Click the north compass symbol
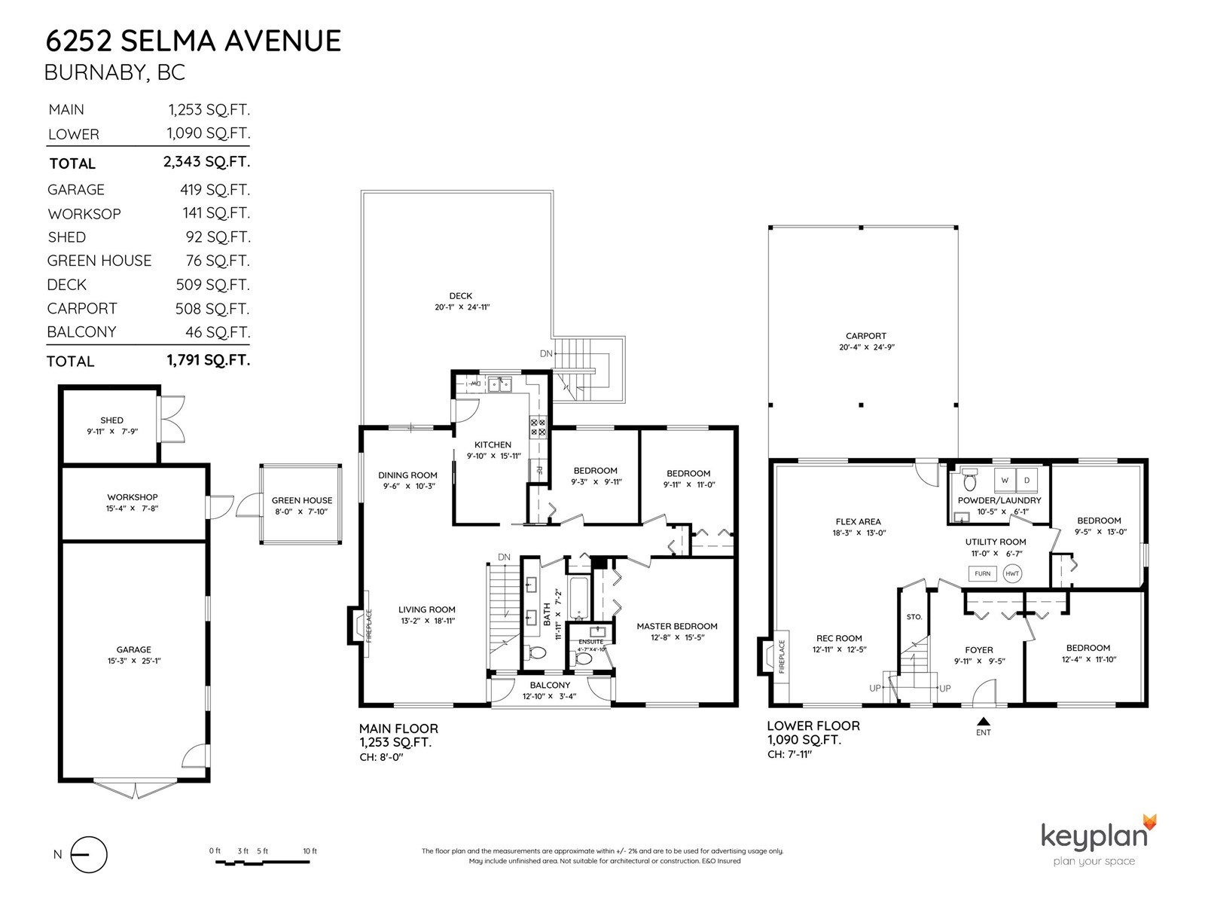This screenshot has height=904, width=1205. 89,854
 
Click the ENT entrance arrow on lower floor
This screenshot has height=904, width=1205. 984,721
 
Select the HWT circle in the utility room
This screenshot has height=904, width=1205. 1012,573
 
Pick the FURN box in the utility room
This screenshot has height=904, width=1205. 982,573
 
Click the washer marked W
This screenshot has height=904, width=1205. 1005,481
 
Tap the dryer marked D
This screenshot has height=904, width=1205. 1027,481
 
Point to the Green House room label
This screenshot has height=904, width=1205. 301,500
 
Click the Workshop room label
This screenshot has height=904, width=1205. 133,497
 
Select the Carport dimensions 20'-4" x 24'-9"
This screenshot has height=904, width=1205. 866,347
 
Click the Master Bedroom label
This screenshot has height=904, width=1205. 677,626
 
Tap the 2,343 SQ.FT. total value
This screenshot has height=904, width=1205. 206,162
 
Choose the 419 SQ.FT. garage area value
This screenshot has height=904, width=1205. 215,190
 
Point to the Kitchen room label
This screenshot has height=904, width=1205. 493,444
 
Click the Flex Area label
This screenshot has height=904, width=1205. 858,521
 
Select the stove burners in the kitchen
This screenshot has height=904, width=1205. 538,427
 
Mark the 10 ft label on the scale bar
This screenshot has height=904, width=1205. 310,851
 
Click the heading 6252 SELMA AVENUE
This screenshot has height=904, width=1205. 194,41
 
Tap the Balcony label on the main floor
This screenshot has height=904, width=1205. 550,685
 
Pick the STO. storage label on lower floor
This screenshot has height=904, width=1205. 914,617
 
